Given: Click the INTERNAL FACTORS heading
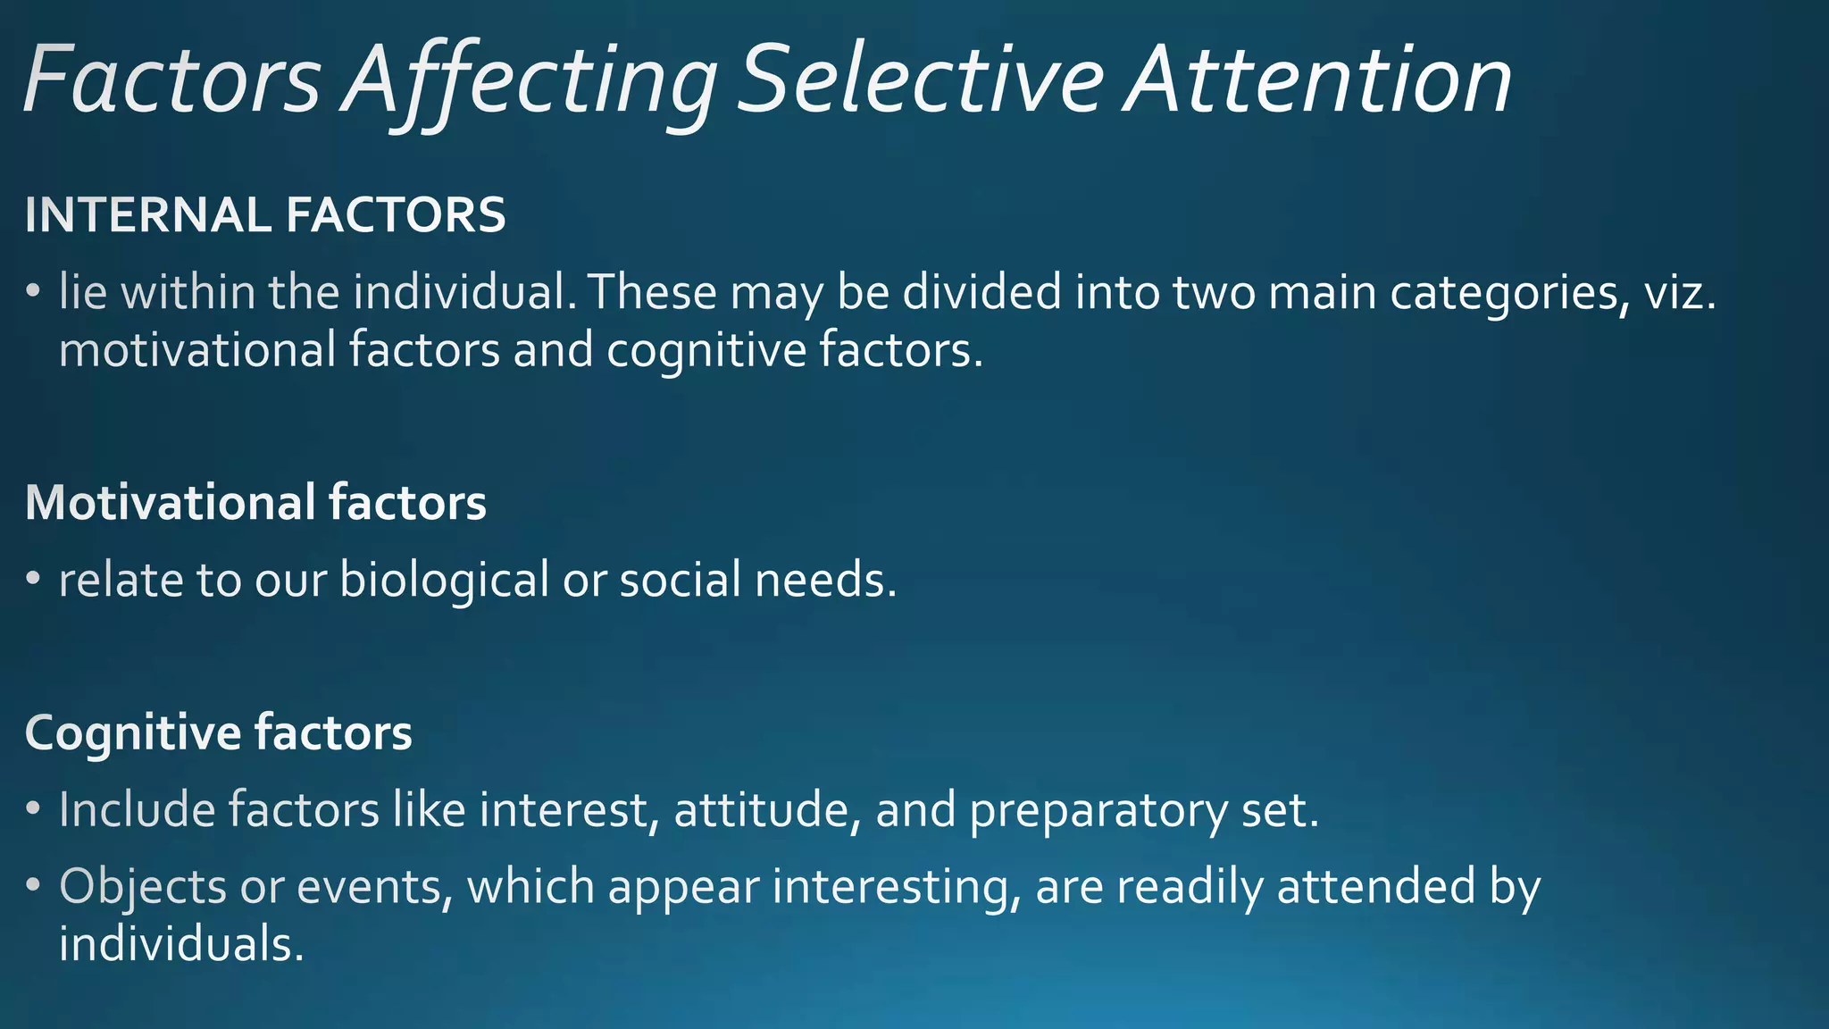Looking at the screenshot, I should click(265, 215).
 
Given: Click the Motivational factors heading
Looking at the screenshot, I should click(255, 502).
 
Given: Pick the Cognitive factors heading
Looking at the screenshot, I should click(218, 732).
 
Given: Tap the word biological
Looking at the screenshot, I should click(444, 581).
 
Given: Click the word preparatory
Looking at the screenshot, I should click(1098, 811).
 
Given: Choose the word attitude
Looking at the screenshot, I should click(767, 810).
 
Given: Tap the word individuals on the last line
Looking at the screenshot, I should click(181, 944).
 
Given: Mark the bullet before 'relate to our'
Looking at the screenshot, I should click(33, 580).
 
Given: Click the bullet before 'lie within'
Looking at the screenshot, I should click(33, 292).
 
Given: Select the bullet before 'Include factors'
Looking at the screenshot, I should click(33, 809).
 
